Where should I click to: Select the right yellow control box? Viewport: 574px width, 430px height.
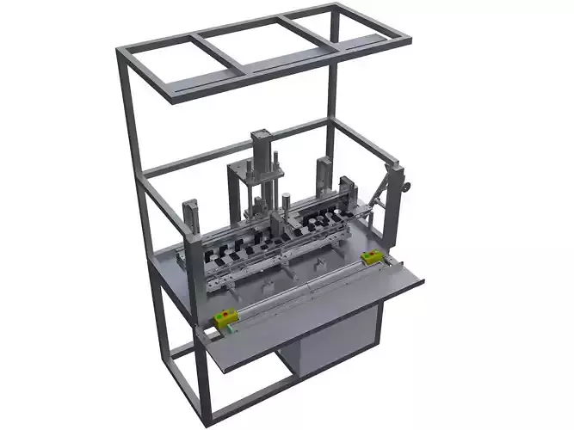click(x=372, y=257)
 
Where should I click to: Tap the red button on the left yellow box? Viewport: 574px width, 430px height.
click(x=227, y=316)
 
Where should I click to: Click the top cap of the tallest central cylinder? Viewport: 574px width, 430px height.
click(x=261, y=134)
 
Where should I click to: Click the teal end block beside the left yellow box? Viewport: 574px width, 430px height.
click(x=213, y=328)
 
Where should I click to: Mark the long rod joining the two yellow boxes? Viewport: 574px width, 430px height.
click(x=297, y=288)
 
